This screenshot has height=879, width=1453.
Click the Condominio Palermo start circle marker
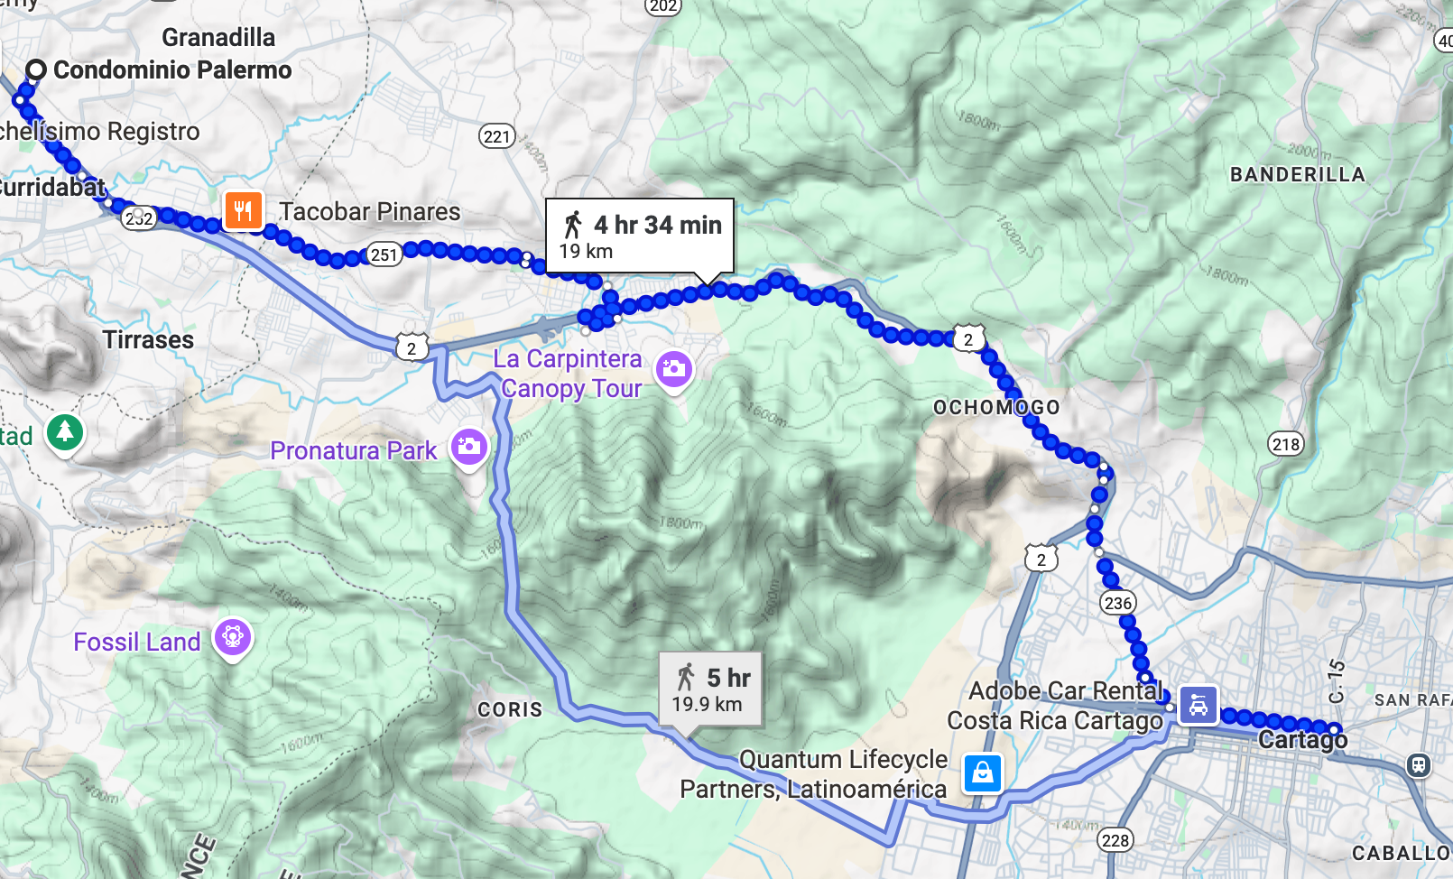(x=36, y=69)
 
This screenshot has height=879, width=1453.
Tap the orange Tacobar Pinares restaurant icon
(x=243, y=211)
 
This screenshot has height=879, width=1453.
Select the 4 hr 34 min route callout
(x=639, y=235)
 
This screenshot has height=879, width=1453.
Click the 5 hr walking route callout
(x=710, y=689)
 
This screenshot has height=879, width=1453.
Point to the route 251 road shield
(x=384, y=254)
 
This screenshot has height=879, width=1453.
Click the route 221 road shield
(x=496, y=136)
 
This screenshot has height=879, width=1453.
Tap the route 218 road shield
(x=1285, y=443)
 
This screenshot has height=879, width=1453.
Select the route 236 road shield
(x=1117, y=603)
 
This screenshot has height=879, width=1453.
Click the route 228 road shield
(x=1115, y=840)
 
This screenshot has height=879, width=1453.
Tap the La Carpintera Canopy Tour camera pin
(x=673, y=369)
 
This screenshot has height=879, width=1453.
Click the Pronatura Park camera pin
(x=469, y=446)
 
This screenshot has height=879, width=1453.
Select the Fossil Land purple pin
(x=233, y=638)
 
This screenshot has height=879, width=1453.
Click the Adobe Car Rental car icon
(x=1198, y=705)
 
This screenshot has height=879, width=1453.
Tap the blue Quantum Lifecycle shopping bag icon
(x=982, y=773)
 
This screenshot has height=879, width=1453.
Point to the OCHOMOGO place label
(x=996, y=407)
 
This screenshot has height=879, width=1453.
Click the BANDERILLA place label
(x=1297, y=175)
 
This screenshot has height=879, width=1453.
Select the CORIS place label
(x=510, y=709)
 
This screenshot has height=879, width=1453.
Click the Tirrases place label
(x=148, y=340)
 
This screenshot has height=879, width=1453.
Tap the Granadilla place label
(x=218, y=38)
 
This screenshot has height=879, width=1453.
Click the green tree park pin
(x=64, y=432)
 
